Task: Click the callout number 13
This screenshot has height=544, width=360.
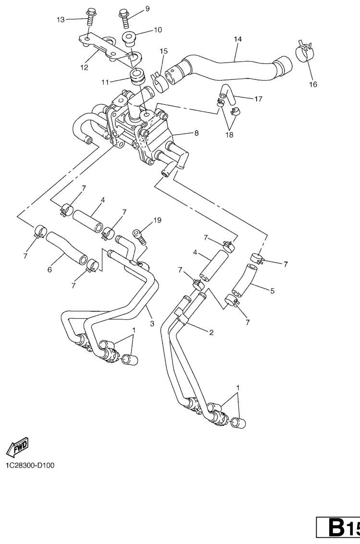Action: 61,20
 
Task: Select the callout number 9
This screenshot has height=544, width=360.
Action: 147,9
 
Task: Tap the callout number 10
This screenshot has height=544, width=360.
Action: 158,30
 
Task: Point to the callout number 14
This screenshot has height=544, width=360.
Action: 237,39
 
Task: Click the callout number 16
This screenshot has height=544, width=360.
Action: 313,84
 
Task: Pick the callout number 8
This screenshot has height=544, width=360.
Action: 197,133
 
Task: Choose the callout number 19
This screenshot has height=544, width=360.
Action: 157,220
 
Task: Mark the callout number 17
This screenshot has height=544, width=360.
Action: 258,99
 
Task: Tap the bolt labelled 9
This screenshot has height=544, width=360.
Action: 124,17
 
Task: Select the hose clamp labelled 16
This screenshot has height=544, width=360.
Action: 304,51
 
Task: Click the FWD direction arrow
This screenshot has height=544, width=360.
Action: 18,448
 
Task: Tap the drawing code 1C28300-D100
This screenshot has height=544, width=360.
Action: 30,465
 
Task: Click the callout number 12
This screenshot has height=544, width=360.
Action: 85,68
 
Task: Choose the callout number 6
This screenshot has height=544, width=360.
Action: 50,270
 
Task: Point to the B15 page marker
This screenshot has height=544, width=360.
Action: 338,527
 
